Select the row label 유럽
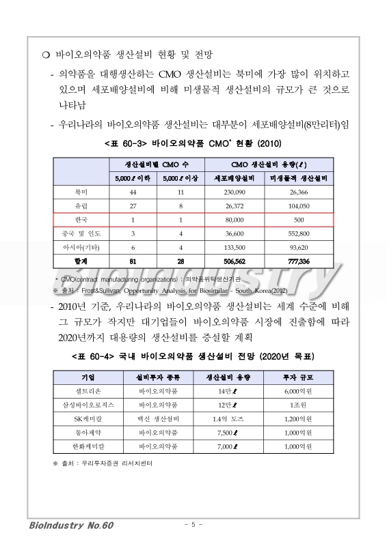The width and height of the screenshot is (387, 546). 81,206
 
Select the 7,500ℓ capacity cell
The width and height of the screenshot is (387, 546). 224,432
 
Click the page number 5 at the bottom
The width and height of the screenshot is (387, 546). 193,524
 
